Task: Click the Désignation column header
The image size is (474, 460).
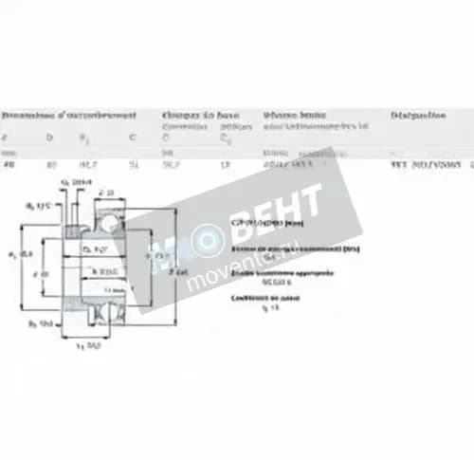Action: tap(416, 115)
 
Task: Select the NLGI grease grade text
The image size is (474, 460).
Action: tap(259, 282)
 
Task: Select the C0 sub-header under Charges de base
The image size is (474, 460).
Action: tap(225, 138)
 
